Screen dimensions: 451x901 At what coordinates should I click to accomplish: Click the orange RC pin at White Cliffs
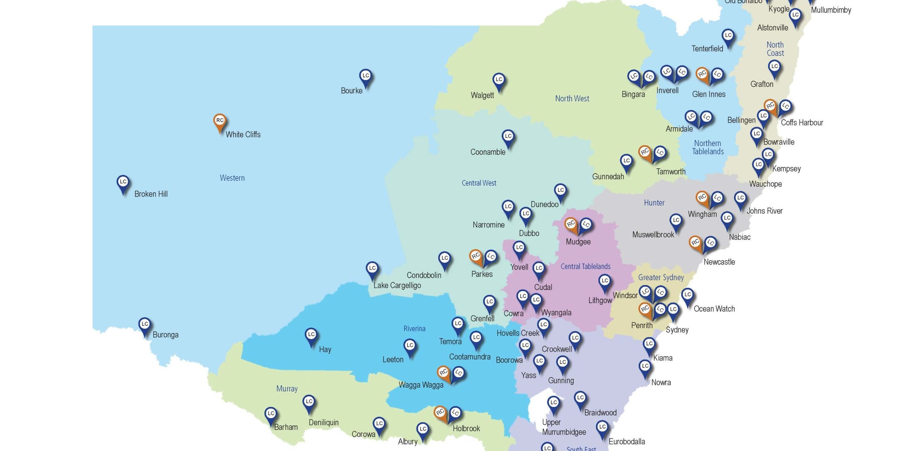[220, 121]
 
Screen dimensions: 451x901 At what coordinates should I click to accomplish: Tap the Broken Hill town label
[151, 194]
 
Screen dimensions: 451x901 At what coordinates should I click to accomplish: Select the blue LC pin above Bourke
[366, 76]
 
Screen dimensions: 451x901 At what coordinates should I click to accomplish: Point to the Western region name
[232, 178]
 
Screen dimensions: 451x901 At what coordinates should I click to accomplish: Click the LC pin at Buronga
[145, 325]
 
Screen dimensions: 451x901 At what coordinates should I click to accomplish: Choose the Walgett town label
[482, 95]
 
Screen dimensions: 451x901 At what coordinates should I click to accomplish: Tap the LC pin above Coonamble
[508, 137]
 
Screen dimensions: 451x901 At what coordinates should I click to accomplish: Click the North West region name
[572, 99]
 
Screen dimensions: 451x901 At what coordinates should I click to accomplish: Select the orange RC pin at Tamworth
[645, 153]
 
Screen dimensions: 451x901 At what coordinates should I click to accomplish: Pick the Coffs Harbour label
[802, 123]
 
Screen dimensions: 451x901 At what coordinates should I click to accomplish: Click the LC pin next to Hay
[311, 335]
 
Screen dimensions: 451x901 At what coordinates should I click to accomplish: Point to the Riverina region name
[414, 329]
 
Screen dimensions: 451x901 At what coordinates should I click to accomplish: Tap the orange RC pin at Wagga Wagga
[443, 372]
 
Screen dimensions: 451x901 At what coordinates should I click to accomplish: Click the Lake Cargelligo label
[397, 285]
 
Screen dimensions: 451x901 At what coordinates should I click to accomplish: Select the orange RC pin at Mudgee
[571, 224]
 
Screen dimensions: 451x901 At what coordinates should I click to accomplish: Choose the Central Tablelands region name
[585, 266]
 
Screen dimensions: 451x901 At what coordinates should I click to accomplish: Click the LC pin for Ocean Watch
[687, 295]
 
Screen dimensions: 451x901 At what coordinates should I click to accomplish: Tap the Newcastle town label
[719, 262]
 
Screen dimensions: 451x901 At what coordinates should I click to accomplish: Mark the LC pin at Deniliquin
[309, 402]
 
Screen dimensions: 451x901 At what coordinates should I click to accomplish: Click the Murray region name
[287, 389]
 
